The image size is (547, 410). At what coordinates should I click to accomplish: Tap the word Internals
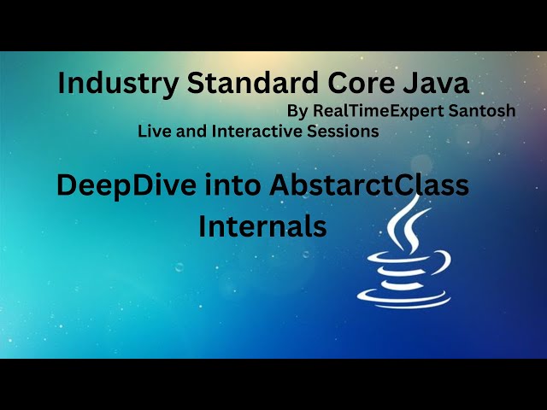click(x=262, y=226)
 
